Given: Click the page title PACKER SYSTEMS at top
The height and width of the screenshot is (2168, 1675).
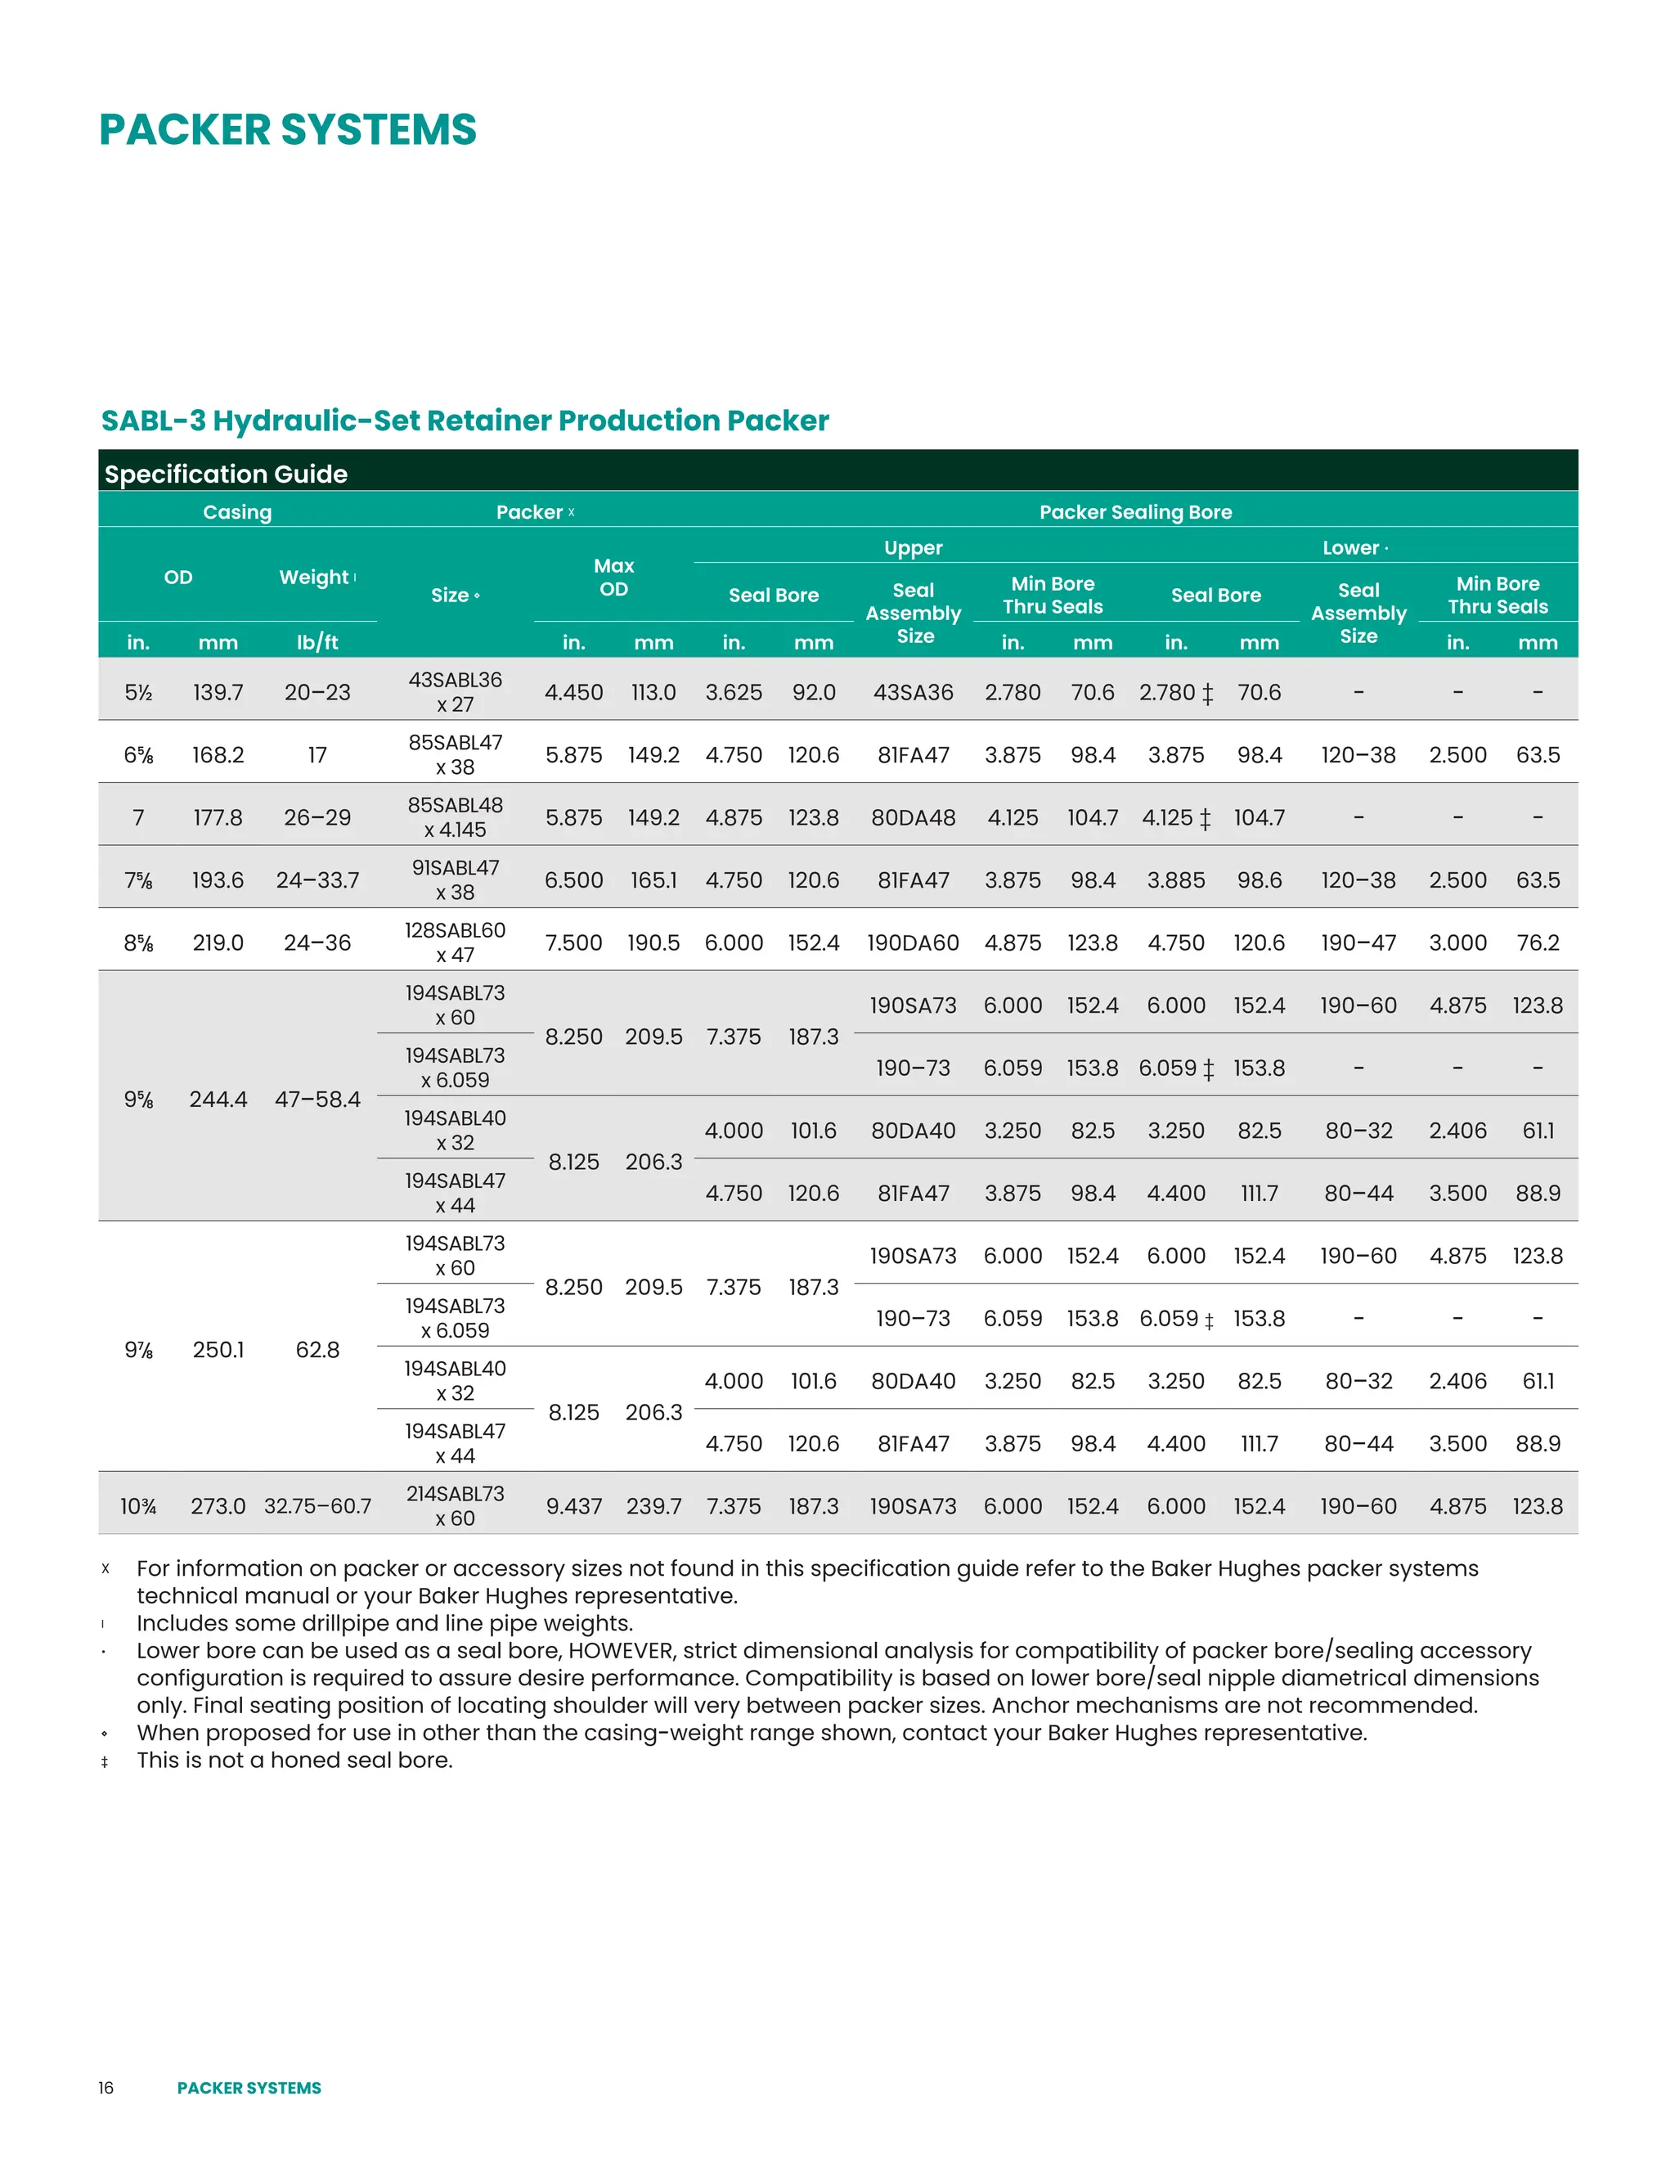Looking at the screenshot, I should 288,130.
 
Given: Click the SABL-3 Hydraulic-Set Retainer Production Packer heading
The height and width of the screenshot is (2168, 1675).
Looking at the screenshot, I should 465,421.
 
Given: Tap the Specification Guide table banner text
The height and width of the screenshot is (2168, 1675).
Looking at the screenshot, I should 227,474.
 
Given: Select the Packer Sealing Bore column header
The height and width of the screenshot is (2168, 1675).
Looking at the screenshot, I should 1135,512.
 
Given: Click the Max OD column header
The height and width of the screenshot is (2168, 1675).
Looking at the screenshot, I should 613,578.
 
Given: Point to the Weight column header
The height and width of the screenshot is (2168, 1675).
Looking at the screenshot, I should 315,578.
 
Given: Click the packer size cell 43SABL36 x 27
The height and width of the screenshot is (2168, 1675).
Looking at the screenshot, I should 456,692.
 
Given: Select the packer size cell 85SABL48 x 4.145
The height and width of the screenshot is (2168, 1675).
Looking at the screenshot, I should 456,817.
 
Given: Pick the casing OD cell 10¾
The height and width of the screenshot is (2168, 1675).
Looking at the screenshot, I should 138,1506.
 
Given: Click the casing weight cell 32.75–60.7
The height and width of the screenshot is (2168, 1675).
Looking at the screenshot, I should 317,1506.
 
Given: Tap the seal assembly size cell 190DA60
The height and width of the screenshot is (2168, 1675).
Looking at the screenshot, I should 913,943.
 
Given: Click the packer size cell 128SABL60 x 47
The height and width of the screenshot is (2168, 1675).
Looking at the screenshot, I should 456,943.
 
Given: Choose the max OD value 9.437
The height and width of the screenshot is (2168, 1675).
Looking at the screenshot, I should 573,1506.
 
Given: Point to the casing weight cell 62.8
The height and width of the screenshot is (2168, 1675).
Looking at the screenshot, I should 317,1350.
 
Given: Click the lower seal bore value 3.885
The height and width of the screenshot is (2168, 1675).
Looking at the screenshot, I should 1176,880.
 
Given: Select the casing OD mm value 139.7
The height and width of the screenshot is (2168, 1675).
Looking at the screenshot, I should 218,692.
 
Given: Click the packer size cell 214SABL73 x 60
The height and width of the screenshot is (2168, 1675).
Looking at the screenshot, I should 456,1506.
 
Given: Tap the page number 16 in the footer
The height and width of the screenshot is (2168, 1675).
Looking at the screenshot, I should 106,2088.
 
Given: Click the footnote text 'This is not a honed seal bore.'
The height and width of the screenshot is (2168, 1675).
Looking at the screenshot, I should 294,1760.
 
